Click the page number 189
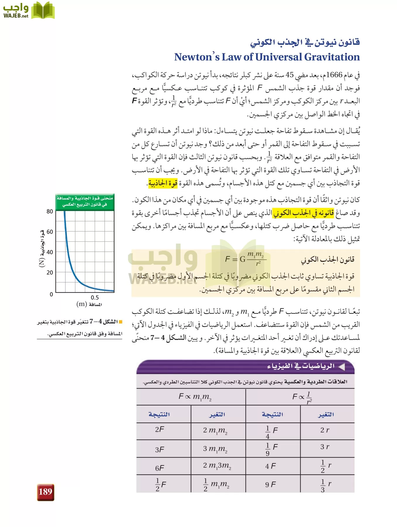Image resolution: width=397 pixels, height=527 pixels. (x=45, y=492)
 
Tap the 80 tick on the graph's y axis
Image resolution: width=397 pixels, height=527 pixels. (x=50, y=211)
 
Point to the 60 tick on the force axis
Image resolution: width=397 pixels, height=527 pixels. (x=50, y=232)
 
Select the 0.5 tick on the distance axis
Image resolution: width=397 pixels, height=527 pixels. (x=95, y=297)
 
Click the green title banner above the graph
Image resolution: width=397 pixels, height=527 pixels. (x=85, y=201)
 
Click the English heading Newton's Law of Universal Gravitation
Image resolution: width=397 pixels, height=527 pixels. (x=267, y=57)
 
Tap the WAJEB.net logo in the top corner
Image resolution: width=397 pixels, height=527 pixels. (x=29, y=11)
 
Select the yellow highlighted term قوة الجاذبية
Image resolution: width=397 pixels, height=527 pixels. (x=163, y=184)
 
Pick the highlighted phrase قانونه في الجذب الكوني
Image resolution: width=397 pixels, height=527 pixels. (x=303, y=213)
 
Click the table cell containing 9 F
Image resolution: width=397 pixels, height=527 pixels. (x=270, y=485)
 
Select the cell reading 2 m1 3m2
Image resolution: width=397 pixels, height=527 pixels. (x=217, y=466)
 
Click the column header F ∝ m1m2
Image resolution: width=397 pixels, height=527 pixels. (x=195, y=397)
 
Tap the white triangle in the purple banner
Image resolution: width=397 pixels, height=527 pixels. (x=341, y=366)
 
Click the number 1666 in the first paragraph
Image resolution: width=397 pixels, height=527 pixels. (x=334, y=75)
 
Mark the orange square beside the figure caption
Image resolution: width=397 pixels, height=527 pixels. (x=120, y=322)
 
